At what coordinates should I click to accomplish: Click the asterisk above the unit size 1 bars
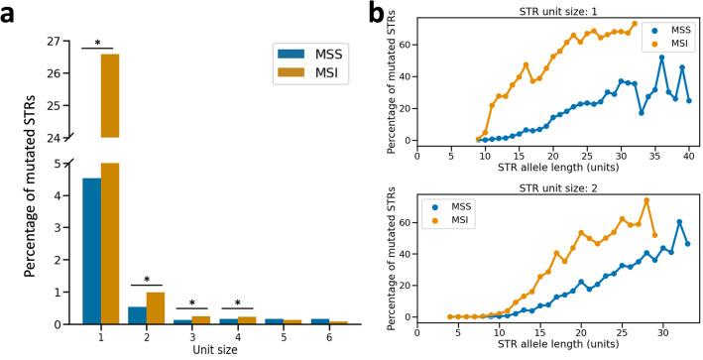pyautogui.click(x=99, y=44)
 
